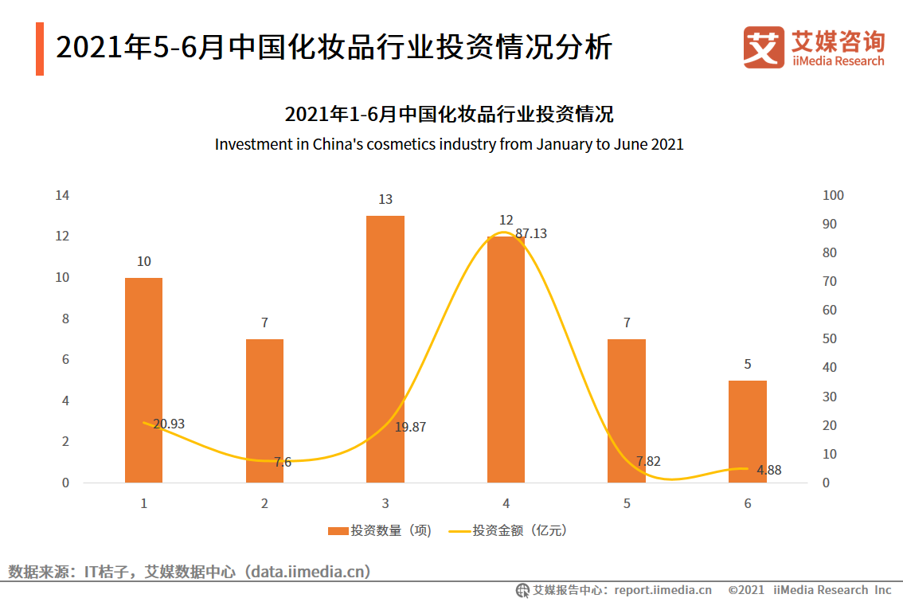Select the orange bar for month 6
748,431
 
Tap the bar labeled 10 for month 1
144,380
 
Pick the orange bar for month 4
506,359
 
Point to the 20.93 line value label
169,424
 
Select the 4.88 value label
769,471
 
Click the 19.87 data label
410,428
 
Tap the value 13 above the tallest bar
385,200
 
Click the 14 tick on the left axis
61,195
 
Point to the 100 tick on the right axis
832,195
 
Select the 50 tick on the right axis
829,339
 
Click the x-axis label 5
627,504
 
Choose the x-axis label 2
264,504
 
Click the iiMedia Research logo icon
763,47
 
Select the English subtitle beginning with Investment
449,145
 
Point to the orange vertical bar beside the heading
40,49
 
